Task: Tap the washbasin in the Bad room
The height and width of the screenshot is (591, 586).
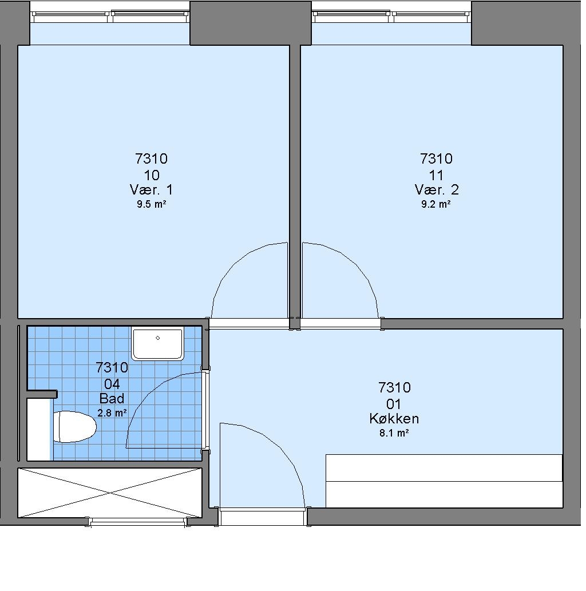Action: tap(157, 343)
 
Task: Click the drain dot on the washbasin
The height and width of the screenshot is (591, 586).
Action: tap(157, 338)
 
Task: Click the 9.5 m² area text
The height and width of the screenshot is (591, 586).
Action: tap(151, 204)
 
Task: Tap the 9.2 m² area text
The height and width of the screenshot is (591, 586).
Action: tap(436, 204)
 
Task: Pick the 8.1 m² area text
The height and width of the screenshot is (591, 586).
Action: tap(394, 433)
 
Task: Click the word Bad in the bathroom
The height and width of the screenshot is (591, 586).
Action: tap(112, 398)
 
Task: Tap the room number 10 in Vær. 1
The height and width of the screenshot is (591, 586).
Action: tap(151, 175)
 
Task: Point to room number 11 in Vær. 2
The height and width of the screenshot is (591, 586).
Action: tap(436, 175)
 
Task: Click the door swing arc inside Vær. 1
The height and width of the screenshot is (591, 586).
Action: tap(234, 264)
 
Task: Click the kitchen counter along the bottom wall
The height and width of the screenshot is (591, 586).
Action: tap(444, 481)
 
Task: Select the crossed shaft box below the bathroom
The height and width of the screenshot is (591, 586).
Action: tap(110, 493)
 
